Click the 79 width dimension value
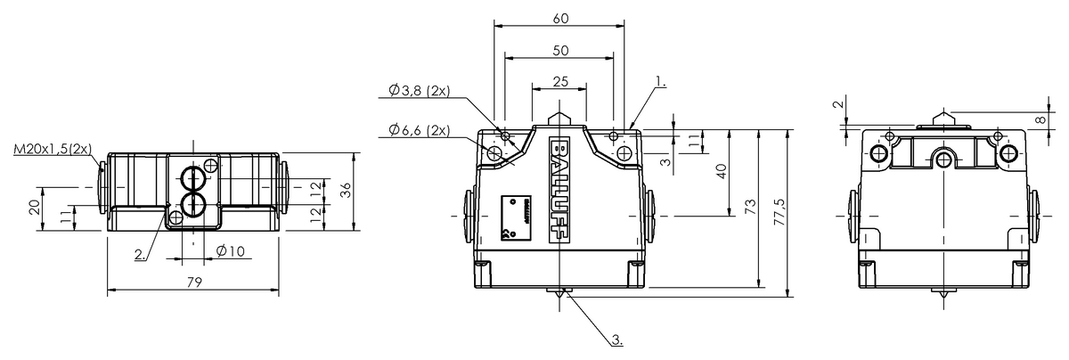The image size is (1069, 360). point(194,282)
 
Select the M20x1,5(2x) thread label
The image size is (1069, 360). point(53,149)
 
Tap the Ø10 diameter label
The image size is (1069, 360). point(230,251)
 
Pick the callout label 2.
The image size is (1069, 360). point(140,254)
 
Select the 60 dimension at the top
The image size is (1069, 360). point(558,16)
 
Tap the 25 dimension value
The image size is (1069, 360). point(559,81)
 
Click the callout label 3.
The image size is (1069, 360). point(617,340)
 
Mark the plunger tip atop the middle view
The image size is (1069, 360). point(558,118)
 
